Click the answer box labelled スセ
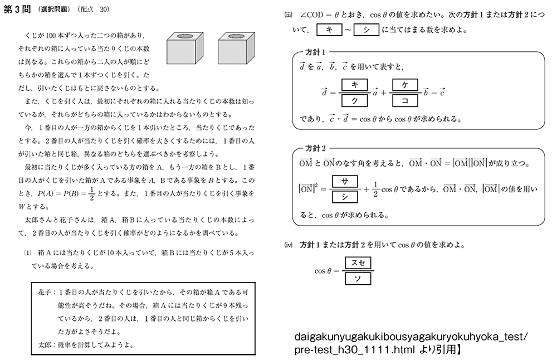click(358, 262)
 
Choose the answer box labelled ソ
click(358, 278)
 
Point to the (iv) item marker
click(288, 245)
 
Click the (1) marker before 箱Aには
click(27, 252)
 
